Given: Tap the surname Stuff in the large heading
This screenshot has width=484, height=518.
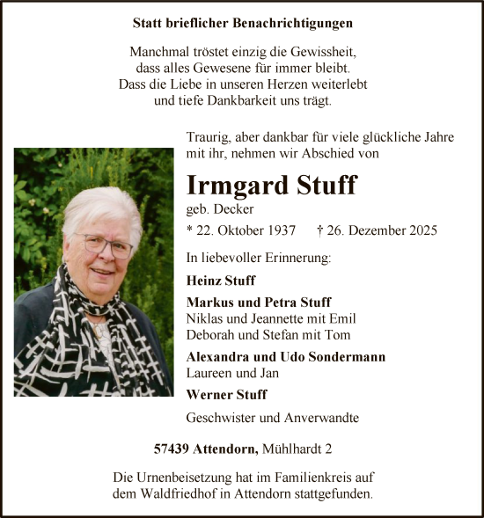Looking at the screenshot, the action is (x=326, y=186).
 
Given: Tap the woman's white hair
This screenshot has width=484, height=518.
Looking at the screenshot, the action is (x=100, y=206).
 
